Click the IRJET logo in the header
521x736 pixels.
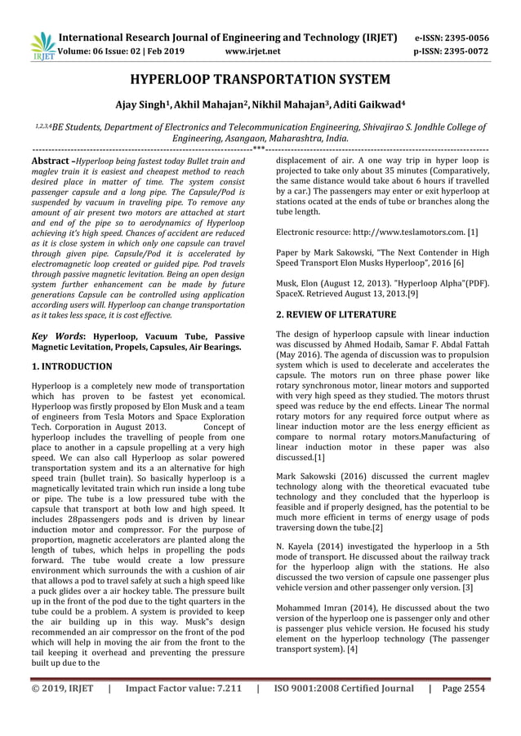[x=41, y=46]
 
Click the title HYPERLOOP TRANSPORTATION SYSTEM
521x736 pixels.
[x=260, y=80]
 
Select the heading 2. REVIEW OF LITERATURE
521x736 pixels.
[x=336, y=314]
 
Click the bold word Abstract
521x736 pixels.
[x=48, y=162]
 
